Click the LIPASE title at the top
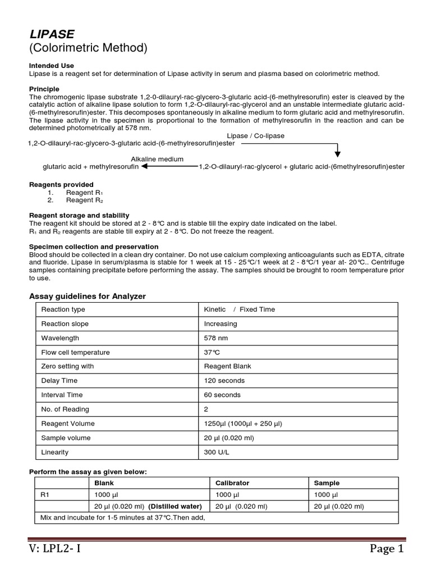(x=52, y=34)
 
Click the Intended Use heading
(x=52, y=66)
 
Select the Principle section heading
(x=44, y=89)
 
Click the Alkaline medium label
(x=157, y=159)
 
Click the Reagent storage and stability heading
(x=79, y=215)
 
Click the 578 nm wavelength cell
(x=216, y=338)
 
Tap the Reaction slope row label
(x=65, y=323)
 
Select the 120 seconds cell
(x=224, y=381)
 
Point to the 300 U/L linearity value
(x=217, y=452)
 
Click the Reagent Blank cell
(x=228, y=366)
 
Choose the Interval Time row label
(x=63, y=395)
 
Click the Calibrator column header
(x=232, y=483)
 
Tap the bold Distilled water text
(x=175, y=506)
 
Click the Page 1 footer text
(x=386, y=549)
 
